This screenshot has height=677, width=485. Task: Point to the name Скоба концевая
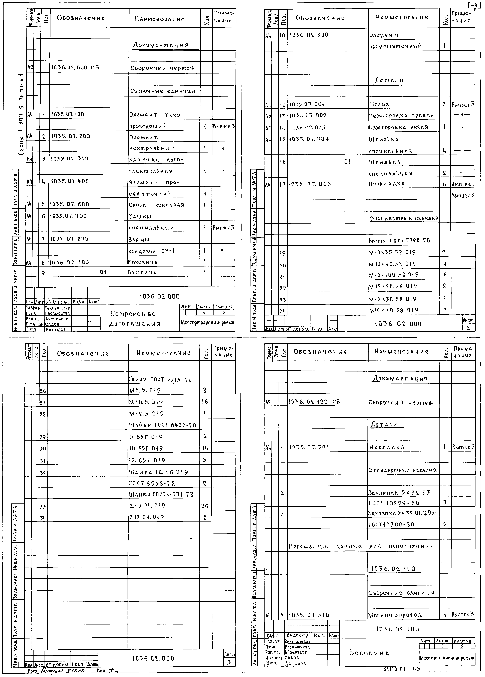(x=157, y=205)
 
